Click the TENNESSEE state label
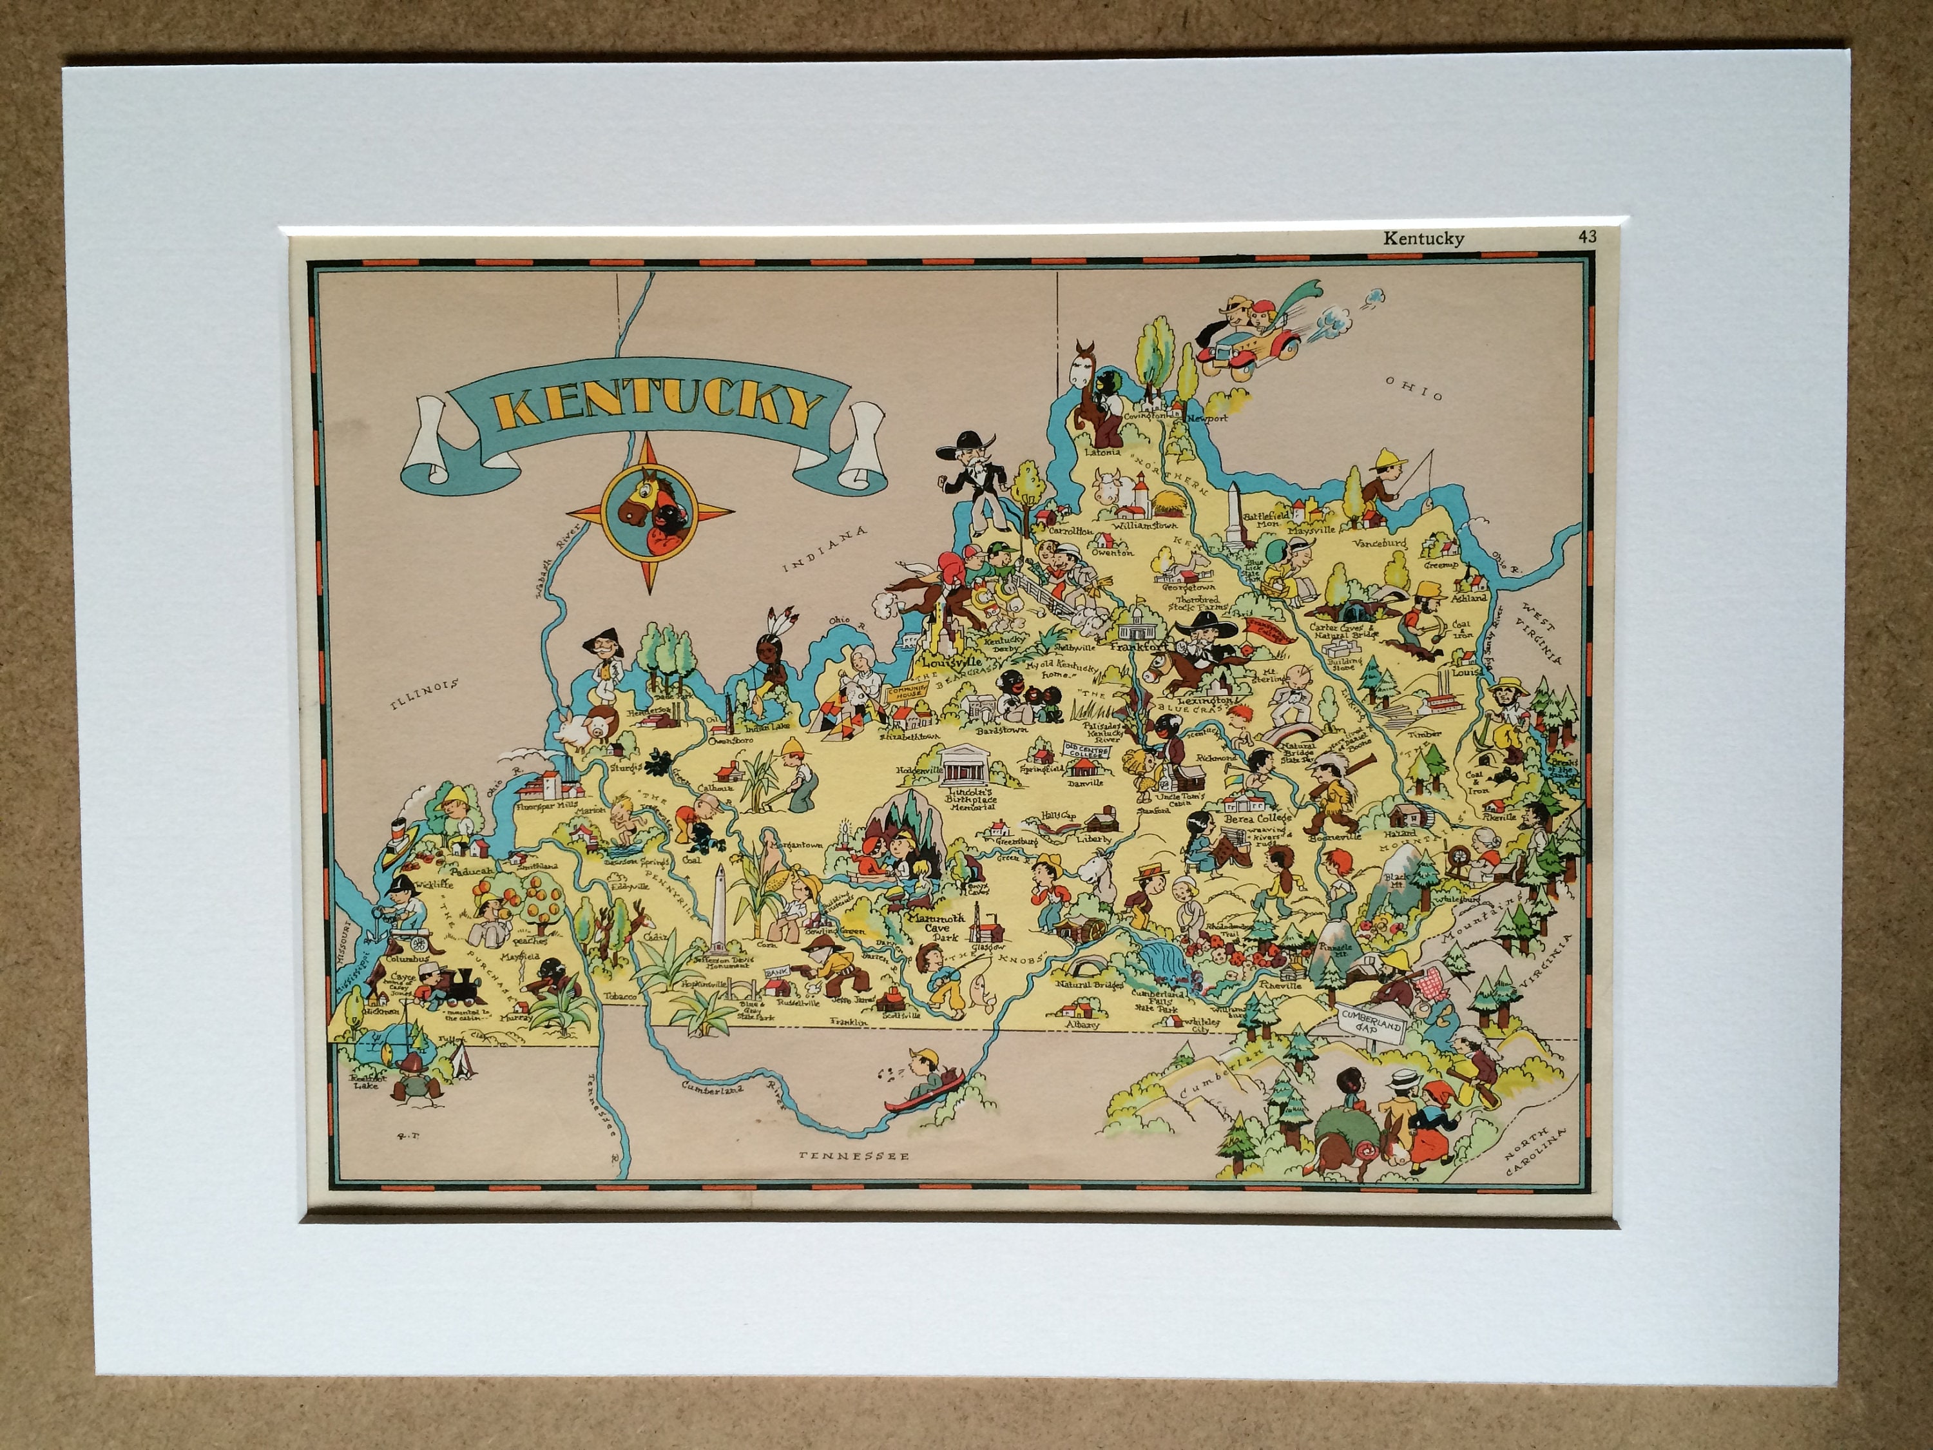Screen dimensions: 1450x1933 [x=854, y=1155]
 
